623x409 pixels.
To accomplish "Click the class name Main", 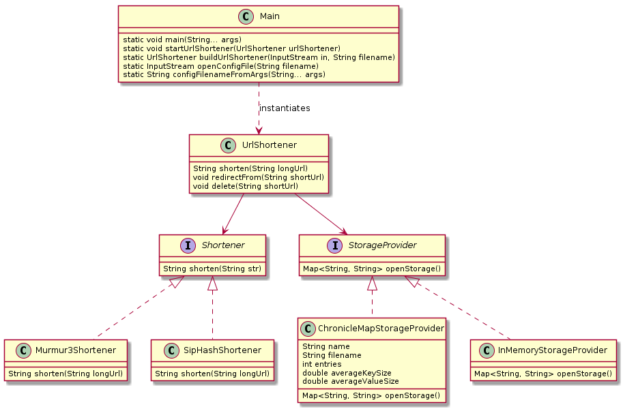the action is tap(270, 16).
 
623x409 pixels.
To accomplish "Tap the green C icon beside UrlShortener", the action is tap(228, 145).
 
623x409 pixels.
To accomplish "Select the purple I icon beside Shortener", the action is tap(188, 245).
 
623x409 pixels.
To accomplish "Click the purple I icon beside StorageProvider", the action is tap(335, 245).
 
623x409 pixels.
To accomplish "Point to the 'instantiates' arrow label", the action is tap(285, 108).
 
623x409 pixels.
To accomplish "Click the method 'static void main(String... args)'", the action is tap(182, 40).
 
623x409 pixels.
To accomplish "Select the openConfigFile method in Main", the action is tap(220, 66).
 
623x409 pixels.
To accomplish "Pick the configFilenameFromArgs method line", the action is tap(224, 75).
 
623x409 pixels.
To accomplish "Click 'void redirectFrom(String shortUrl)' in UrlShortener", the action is tap(258, 177).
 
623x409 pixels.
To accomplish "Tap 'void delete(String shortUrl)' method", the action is tap(246, 186).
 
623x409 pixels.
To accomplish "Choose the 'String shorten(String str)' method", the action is tap(212, 269).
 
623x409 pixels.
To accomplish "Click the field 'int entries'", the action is tap(322, 364).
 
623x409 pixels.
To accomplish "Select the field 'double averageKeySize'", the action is tap(347, 373).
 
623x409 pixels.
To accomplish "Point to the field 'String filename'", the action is tap(332, 355).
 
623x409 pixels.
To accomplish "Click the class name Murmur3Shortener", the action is tap(76, 350).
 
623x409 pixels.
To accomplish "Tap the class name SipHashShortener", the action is tap(222, 350).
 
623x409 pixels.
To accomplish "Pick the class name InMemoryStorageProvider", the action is tap(553, 350).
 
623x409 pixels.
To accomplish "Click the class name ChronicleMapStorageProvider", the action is tap(381, 329).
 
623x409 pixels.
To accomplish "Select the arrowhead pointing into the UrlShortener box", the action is tap(259, 131).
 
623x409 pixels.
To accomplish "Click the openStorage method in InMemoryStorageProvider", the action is tap(543, 374).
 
